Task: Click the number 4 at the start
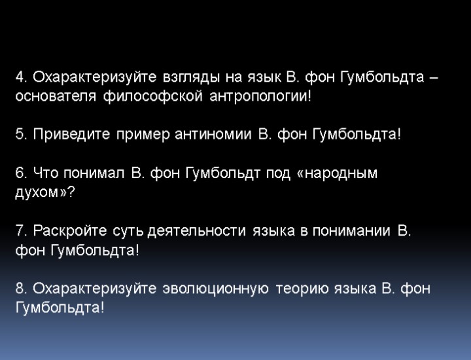[x=20, y=78]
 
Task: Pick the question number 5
[x=20, y=135]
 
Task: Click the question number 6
[x=20, y=174]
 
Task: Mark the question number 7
[x=20, y=232]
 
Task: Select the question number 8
[x=20, y=289]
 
